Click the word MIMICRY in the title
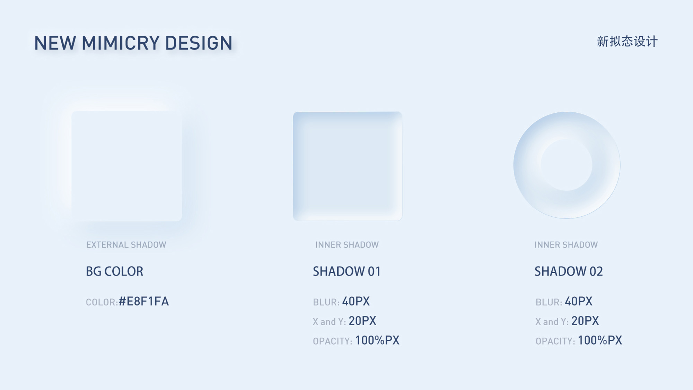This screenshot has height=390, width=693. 120,43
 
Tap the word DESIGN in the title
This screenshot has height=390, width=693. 199,43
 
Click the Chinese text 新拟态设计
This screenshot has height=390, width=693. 627,41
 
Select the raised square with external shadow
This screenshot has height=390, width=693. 127,166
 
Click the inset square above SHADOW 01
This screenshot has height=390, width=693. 348,166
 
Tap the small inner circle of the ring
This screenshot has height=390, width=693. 567,165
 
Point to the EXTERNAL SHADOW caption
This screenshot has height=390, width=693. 126,245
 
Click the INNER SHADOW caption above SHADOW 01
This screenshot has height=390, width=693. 347,245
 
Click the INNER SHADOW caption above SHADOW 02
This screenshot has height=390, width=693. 566,245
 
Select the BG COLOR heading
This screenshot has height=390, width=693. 114,271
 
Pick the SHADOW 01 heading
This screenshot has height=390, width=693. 347,271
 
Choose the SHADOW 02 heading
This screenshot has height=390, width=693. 569,271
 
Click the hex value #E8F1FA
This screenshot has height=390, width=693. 144,301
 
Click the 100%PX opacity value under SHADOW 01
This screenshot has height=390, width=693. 377,340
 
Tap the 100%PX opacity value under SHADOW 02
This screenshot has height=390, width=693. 600,340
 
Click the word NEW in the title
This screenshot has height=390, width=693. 55,43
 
